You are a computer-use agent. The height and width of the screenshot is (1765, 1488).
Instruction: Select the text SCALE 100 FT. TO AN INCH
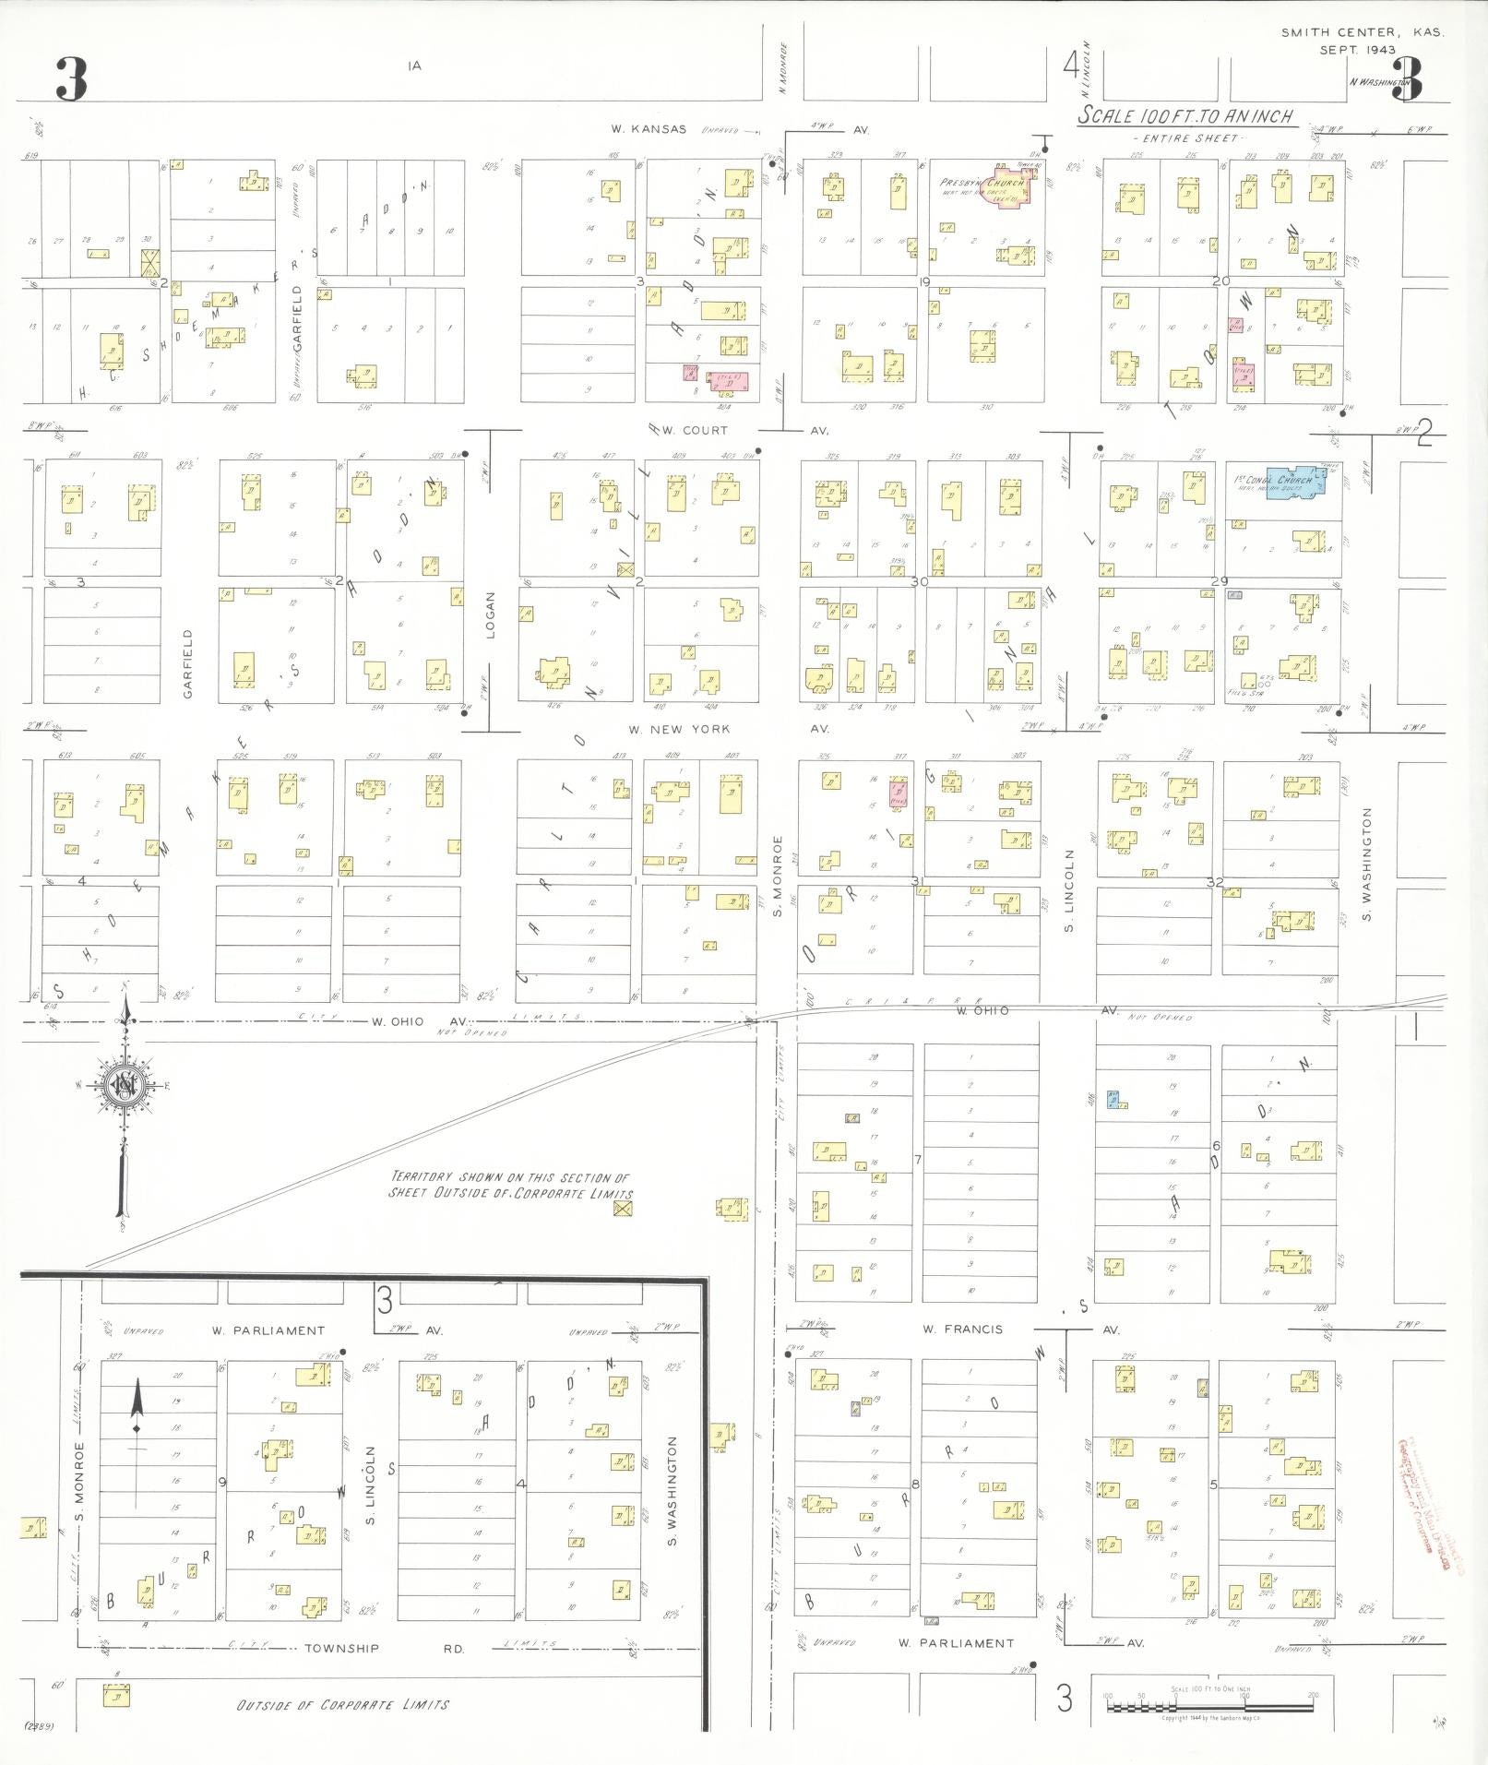click(x=1185, y=117)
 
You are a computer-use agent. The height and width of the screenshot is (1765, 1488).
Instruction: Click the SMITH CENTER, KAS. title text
click(x=1362, y=32)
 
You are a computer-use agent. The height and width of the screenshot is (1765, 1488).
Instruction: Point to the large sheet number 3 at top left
click(x=71, y=79)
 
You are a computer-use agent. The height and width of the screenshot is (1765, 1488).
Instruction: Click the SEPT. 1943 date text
click(x=1357, y=50)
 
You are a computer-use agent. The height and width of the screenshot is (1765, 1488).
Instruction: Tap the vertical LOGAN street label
click(x=491, y=615)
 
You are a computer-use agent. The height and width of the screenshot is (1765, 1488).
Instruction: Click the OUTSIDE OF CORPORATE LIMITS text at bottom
click(x=343, y=1704)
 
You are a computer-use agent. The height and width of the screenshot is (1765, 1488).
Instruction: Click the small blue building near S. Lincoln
click(x=1114, y=1100)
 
